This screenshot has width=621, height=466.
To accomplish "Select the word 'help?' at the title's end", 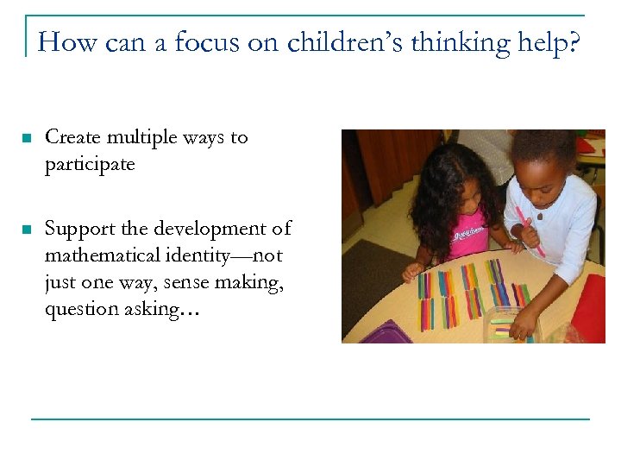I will pyautogui.click(x=549, y=42).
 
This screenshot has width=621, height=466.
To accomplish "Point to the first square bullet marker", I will pyautogui.click(x=27, y=138).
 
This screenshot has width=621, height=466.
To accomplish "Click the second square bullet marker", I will pyautogui.click(x=27, y=230).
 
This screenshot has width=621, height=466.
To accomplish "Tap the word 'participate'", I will pyautogui.click(x=90, y=164).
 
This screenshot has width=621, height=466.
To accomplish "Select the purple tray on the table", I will pyautogui.click(x=379, y=332).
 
